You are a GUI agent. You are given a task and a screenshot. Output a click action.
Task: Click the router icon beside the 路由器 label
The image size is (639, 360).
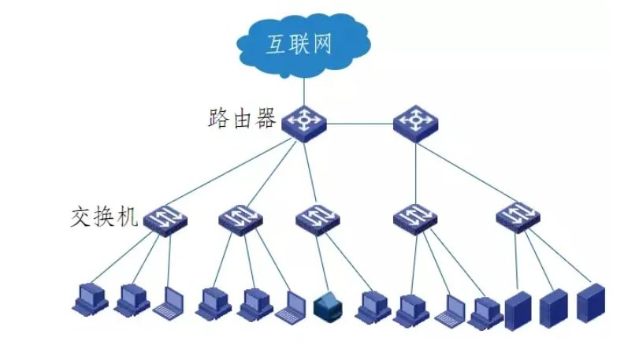(x=304, y=122)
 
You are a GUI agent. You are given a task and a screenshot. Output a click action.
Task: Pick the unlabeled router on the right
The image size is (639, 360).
(x=415, y=122)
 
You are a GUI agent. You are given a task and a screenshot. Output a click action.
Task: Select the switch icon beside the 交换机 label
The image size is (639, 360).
(x=166, y=217)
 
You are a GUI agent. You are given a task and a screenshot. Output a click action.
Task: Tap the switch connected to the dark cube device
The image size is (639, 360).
(x=318, y=217)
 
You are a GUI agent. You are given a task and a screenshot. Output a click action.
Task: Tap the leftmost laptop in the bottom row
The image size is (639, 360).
(x=168, y=302)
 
